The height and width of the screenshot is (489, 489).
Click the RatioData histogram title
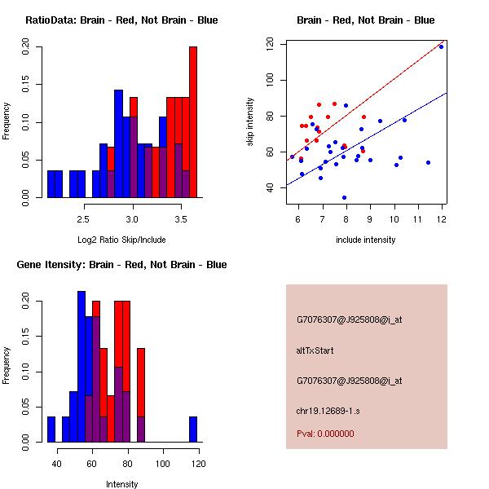point(121,20)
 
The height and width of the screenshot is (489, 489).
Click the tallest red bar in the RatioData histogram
point(193,122)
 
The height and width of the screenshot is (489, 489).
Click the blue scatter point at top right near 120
point(441,46)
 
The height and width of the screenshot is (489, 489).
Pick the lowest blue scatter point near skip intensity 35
point(345,197)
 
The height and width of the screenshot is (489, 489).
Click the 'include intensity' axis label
point(365,240)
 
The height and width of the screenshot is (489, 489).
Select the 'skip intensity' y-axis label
point(251,122)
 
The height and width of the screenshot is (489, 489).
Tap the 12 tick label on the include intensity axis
point(442,218)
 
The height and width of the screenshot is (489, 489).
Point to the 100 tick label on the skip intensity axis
point(270,80)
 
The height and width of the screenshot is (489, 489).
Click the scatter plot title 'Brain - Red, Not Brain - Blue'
point(365,20)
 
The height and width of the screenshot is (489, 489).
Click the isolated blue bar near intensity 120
point(193,430)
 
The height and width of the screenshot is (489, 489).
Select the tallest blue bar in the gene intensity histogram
point(81,367)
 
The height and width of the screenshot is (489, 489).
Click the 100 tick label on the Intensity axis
point(163,465)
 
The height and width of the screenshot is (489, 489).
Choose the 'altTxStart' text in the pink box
point(315,350)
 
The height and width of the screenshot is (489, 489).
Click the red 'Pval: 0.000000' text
point(325,434)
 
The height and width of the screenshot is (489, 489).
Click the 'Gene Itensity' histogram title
point(121,265)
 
